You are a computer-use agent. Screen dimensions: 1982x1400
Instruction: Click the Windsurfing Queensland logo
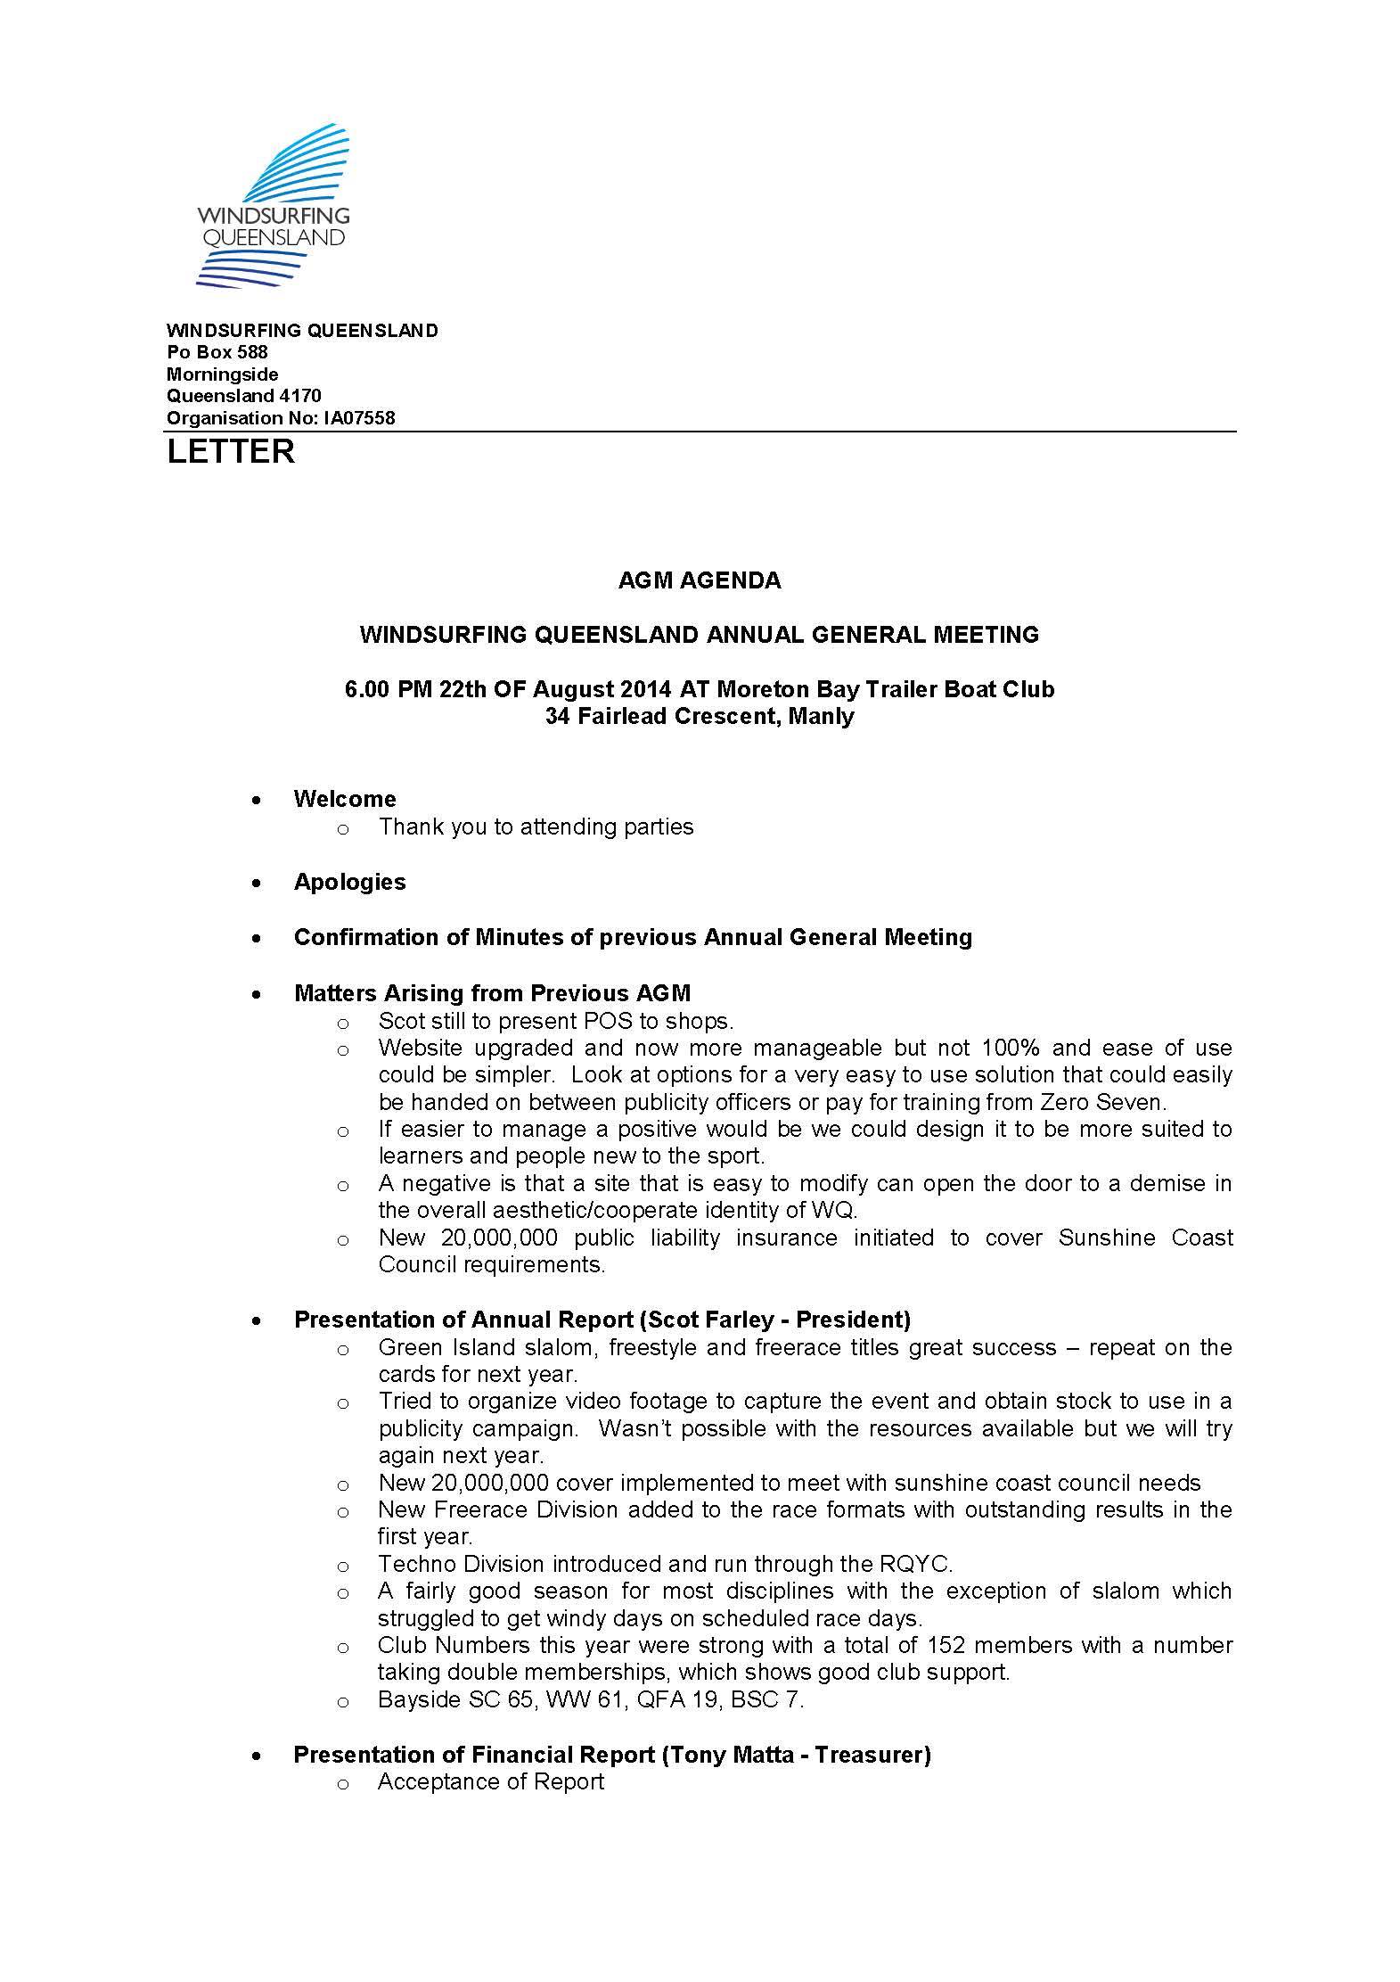point(272,205)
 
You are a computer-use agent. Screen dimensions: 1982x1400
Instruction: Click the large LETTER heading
point(231,451)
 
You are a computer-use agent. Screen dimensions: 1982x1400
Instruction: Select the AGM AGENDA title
point(700,580)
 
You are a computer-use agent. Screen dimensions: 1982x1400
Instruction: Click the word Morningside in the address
point(223,374)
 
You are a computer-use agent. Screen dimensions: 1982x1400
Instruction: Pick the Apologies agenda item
point(349,882)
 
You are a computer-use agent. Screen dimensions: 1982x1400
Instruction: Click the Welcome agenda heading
point(345,799)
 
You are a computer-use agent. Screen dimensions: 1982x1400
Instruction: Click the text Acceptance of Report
point(491,1781)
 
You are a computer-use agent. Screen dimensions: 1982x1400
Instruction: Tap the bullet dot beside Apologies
point(257,884)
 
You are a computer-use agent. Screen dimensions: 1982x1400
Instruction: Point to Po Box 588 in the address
point(217,351)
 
